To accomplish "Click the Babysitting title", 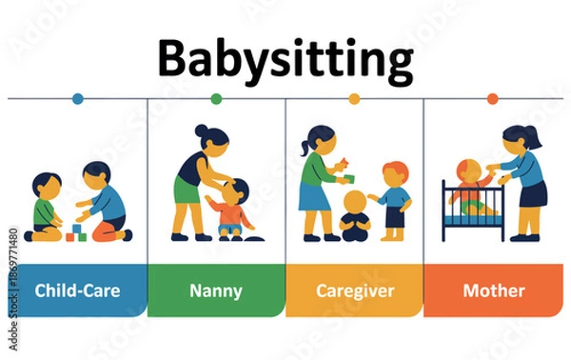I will [x=285, y=59].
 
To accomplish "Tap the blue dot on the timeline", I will [x=78, y=98].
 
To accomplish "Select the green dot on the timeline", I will [x=216, y=98].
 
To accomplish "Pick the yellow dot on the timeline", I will [x=354, y=98].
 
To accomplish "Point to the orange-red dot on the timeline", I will [x=492, y=98].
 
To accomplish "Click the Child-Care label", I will [x=78, y=290].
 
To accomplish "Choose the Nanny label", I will [x=216, y=290].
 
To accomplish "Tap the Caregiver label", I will [x=354, y=290].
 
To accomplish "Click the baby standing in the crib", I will [x=467, y=186].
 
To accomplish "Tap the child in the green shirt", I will [x=47, y=208].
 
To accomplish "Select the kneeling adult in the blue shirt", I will [x=106, y=202].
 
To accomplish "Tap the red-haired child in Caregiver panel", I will [x=394, y=198].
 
